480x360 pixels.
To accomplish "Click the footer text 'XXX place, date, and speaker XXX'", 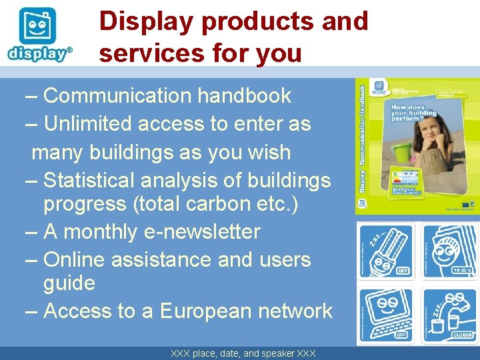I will (x=243, y=353).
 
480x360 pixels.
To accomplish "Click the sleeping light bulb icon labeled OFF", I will (x=386, y=251).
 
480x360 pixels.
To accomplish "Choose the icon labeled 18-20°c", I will (x=449, y=251).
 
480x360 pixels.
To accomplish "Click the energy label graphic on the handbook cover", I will (x=404, y=179).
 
